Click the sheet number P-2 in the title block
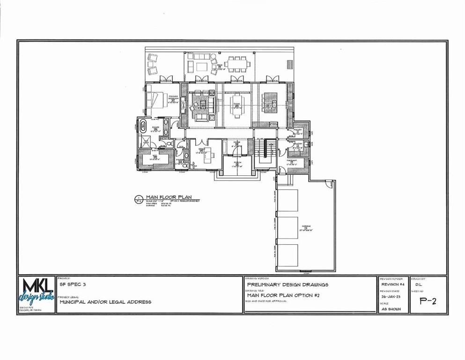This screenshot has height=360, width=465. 428,301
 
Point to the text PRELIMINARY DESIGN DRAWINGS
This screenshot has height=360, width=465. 288,285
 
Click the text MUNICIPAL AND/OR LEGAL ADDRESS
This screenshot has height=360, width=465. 105,302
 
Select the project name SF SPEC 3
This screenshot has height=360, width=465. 73,285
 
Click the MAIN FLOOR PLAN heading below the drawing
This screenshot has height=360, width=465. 169,197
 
